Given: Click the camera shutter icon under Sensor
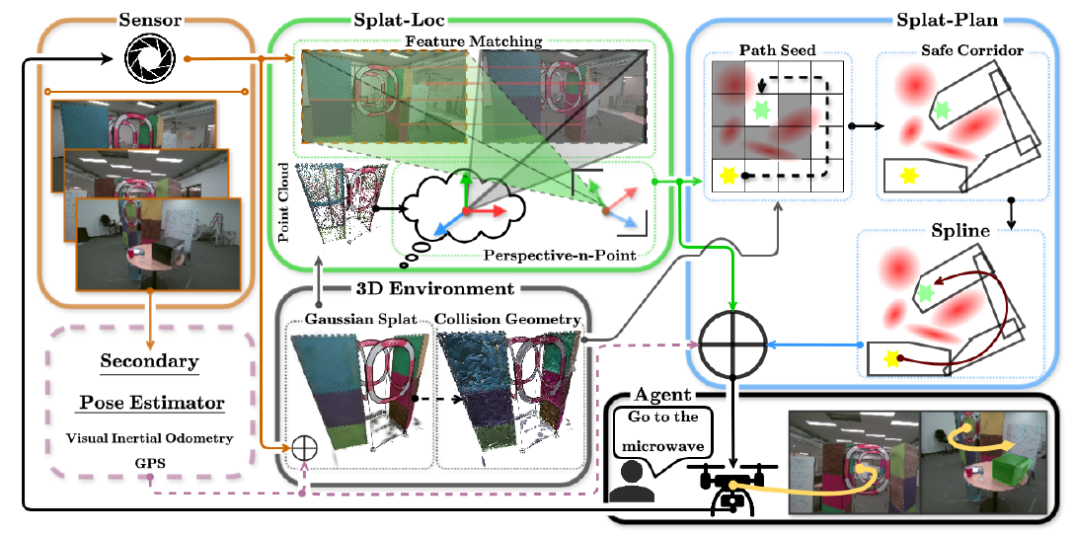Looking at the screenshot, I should (146, 61).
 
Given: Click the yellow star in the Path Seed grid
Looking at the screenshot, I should (729, 176).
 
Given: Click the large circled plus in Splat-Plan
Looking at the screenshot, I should (732, 345).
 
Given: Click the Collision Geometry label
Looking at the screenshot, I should (508, 318).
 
